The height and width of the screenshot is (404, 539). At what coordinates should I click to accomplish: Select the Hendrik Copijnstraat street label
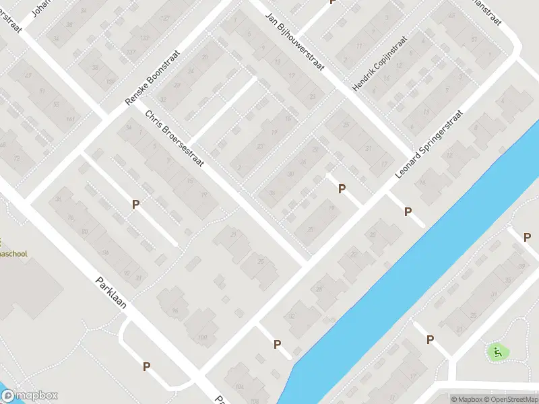[x=380, y=64]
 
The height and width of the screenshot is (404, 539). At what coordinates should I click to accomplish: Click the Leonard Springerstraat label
[x=429, y=144]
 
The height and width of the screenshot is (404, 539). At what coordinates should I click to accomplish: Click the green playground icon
[x=497, y=351]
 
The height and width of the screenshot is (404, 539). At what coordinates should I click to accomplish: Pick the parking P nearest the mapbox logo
[x=146, y=366]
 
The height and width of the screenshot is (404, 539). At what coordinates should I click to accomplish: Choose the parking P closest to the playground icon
[x=431, y=340]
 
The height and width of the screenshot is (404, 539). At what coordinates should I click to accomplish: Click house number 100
[x=202, y=337]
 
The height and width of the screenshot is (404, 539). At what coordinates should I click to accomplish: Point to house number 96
[x=175, y=310]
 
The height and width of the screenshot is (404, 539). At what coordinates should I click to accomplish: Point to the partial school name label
[x=13, y=254]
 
